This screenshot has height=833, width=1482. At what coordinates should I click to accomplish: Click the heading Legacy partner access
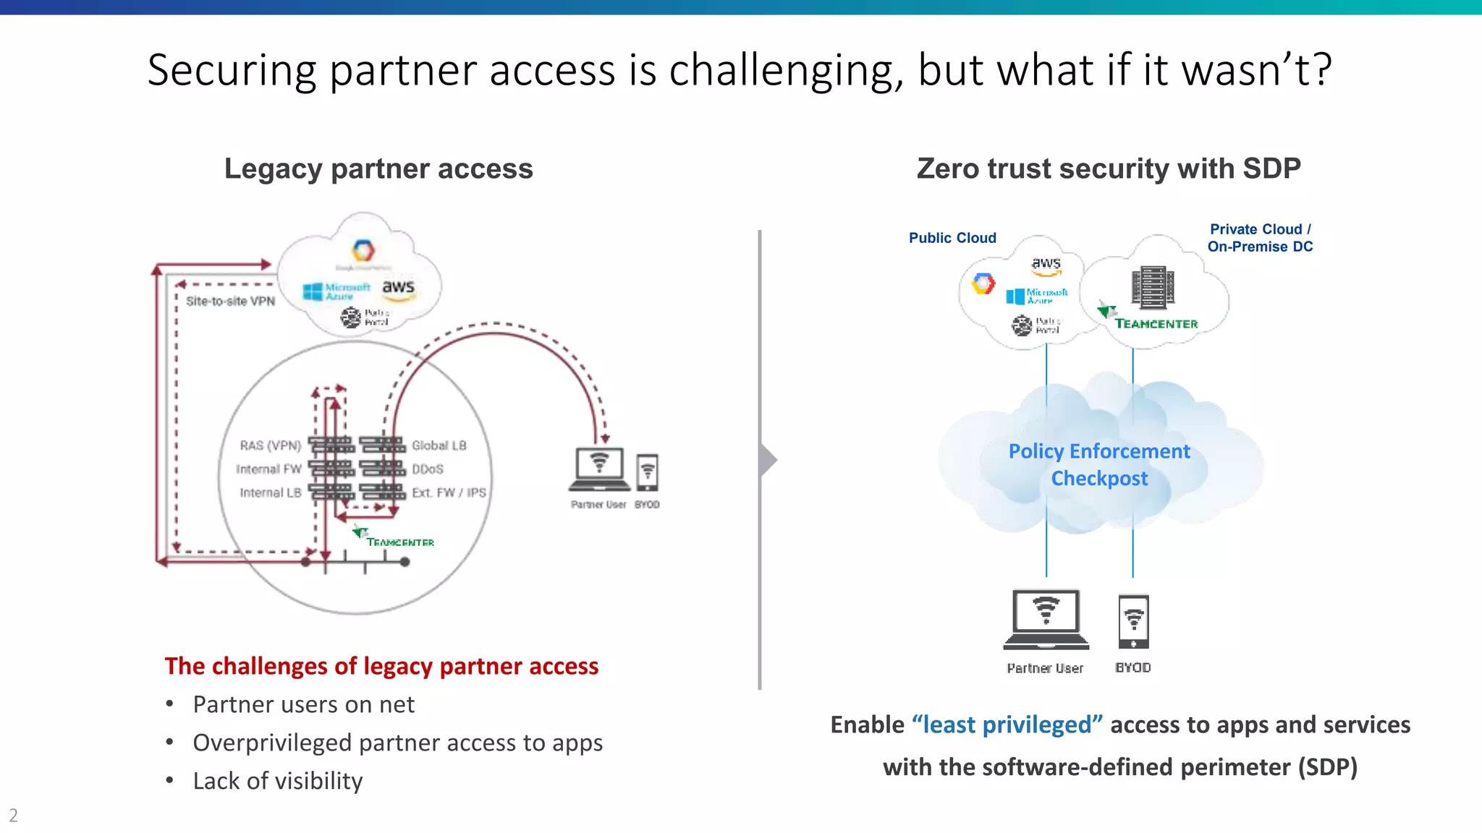pyautogui.click(x=378, y=168)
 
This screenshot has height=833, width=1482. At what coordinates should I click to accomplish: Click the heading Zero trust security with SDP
pyautogui.click(x=1109, y=168)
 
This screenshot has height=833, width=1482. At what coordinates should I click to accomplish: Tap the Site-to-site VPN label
pyautogui.click(x=230, y=301)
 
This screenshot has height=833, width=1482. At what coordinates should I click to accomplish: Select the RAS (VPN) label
pyautogui.click(x=270, y=445)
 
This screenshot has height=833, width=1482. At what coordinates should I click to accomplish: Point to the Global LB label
pyautogui.click(x=439, y=445)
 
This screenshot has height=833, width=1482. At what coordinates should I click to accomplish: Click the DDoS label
pyautogui.click(x=428, y=469)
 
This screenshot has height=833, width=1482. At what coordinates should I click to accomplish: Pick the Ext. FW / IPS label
pyautogui.click(x=449, y=492)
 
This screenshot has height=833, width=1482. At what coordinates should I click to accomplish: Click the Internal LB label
pyautogui.click(x=270, y=492)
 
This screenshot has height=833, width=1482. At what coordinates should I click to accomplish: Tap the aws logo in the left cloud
pyautogui.click(x=398, y=288)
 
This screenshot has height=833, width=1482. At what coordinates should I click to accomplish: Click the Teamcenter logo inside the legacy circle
pyautogui.click(x=394, y=539)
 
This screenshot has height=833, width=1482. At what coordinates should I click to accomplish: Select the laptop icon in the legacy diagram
pyautogui.click(x=599, y=469)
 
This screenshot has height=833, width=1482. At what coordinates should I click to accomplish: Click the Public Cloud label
pyautogui.click(x=952, y=238)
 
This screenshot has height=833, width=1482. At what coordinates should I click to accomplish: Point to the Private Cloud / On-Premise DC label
pyautogui.click(x=1260, y=238)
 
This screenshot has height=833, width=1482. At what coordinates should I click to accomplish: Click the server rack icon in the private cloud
pyautogui.click(x=1152, y=287)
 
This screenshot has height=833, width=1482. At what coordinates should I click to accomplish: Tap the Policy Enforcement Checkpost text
pyautogui.click(x=1099, y=465)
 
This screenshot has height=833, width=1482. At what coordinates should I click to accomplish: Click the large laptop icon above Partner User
pyautogui.click(x=1046, y=619)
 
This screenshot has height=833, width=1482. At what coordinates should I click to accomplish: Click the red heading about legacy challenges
pyautogui.click(x=381, y=666)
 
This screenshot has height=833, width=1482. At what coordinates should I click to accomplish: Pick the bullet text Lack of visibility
pyautogui.click(x=277, y=781)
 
